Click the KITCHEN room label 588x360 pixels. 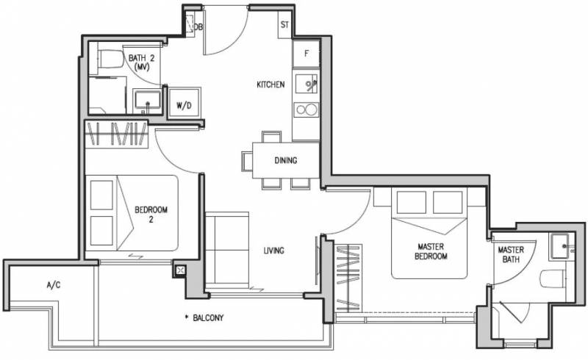click(270, 84)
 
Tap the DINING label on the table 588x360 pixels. click(286, 160)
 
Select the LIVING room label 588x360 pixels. click(273, 251)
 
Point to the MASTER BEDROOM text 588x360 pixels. click(431, 251)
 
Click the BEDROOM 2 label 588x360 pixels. click(151, 215)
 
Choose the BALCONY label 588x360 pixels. click(208, 318)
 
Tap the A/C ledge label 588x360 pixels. click(53, 285)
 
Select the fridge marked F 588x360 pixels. click(306, 54)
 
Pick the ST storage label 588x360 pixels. click(284, 25)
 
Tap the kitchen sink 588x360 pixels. click(306, 84)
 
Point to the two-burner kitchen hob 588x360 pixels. click(306, 110)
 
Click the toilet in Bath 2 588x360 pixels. click(111, 60)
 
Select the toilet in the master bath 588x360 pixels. click(553, 278)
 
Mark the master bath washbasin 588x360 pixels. click(561, 246)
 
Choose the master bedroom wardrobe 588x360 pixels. click(348, 278)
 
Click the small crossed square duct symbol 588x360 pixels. click(180, 270)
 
